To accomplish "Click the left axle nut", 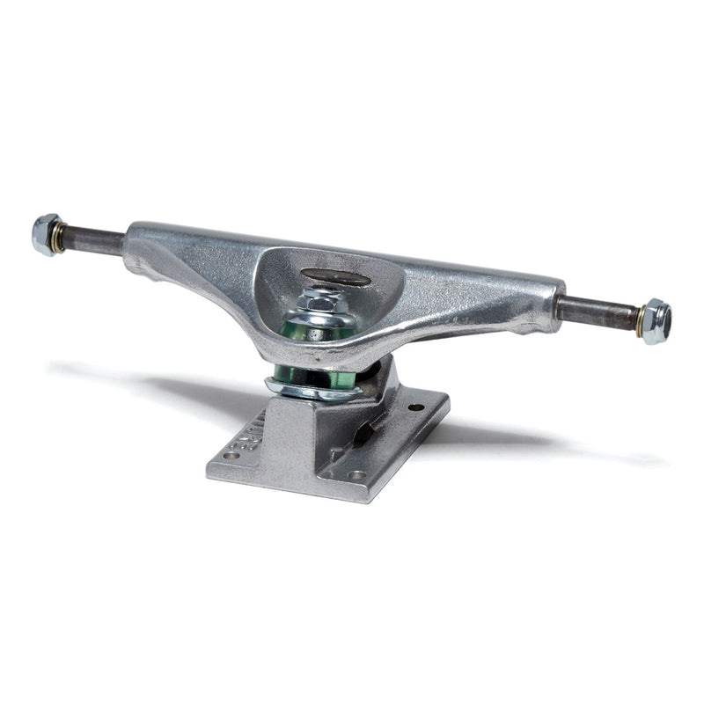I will point(45,234).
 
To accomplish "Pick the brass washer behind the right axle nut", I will point(639,319).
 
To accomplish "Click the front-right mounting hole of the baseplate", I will point(356,475).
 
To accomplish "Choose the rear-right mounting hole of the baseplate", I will point(415,407).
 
